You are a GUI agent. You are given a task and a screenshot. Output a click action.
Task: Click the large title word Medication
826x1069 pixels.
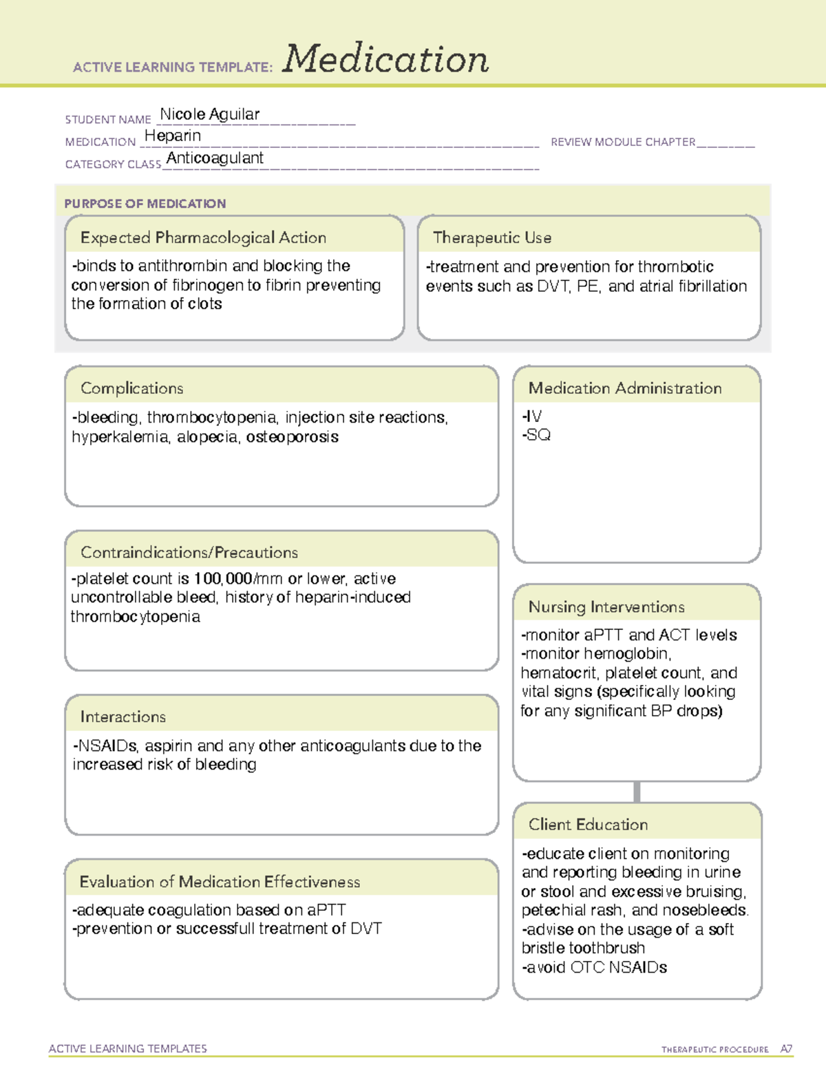385,59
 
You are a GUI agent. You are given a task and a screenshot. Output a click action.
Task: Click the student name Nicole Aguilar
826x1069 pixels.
210,114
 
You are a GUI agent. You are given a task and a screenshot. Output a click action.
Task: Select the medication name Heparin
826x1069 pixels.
173,136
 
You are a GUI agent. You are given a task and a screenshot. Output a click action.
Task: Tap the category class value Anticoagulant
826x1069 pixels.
215,158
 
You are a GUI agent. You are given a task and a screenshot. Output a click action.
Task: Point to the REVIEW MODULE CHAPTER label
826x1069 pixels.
623,142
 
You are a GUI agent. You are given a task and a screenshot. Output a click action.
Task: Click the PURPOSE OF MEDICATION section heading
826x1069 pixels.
145,204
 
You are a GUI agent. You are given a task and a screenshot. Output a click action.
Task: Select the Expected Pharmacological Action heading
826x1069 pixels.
203,237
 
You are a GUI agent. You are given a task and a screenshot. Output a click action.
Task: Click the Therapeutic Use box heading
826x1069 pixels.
492,237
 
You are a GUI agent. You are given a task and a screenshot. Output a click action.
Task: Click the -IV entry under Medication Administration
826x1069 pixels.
532,416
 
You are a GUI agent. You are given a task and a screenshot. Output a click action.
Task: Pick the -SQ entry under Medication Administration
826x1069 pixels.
536,435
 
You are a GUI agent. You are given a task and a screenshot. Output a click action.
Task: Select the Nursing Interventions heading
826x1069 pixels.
606,607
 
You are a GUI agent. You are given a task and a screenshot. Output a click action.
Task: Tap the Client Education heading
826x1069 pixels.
588,825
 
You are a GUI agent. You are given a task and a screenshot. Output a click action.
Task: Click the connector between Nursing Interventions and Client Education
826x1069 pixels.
637,792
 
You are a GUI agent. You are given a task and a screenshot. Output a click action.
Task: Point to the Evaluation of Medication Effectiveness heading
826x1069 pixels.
220,882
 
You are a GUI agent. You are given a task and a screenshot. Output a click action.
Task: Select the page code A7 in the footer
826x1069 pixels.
786,1049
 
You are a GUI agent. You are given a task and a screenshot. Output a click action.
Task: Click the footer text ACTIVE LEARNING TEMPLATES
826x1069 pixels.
128,1048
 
